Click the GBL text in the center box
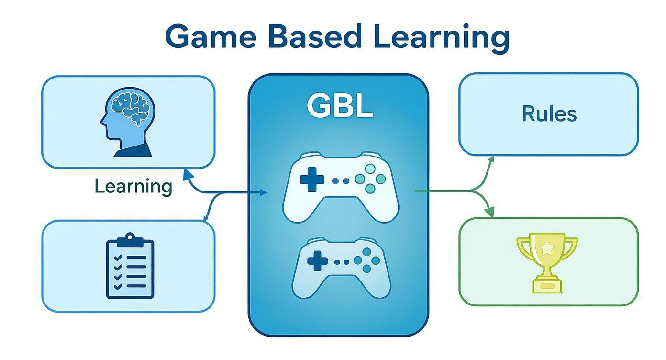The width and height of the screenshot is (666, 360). point(339,106)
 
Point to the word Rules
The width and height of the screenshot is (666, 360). point(549,114)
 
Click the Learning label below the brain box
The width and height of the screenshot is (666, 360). point(133,186)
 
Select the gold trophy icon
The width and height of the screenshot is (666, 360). point(547,262)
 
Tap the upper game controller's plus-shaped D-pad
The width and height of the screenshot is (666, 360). point(312,180)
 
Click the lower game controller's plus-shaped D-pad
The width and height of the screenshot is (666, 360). point(315,261)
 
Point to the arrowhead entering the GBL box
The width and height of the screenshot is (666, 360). point(264,192)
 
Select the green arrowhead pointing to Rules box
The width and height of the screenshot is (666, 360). point(491,159)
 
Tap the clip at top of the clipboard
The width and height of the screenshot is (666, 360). point(130,238)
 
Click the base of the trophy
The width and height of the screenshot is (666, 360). point(546,286)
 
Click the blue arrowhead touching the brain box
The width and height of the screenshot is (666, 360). point(187,170)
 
